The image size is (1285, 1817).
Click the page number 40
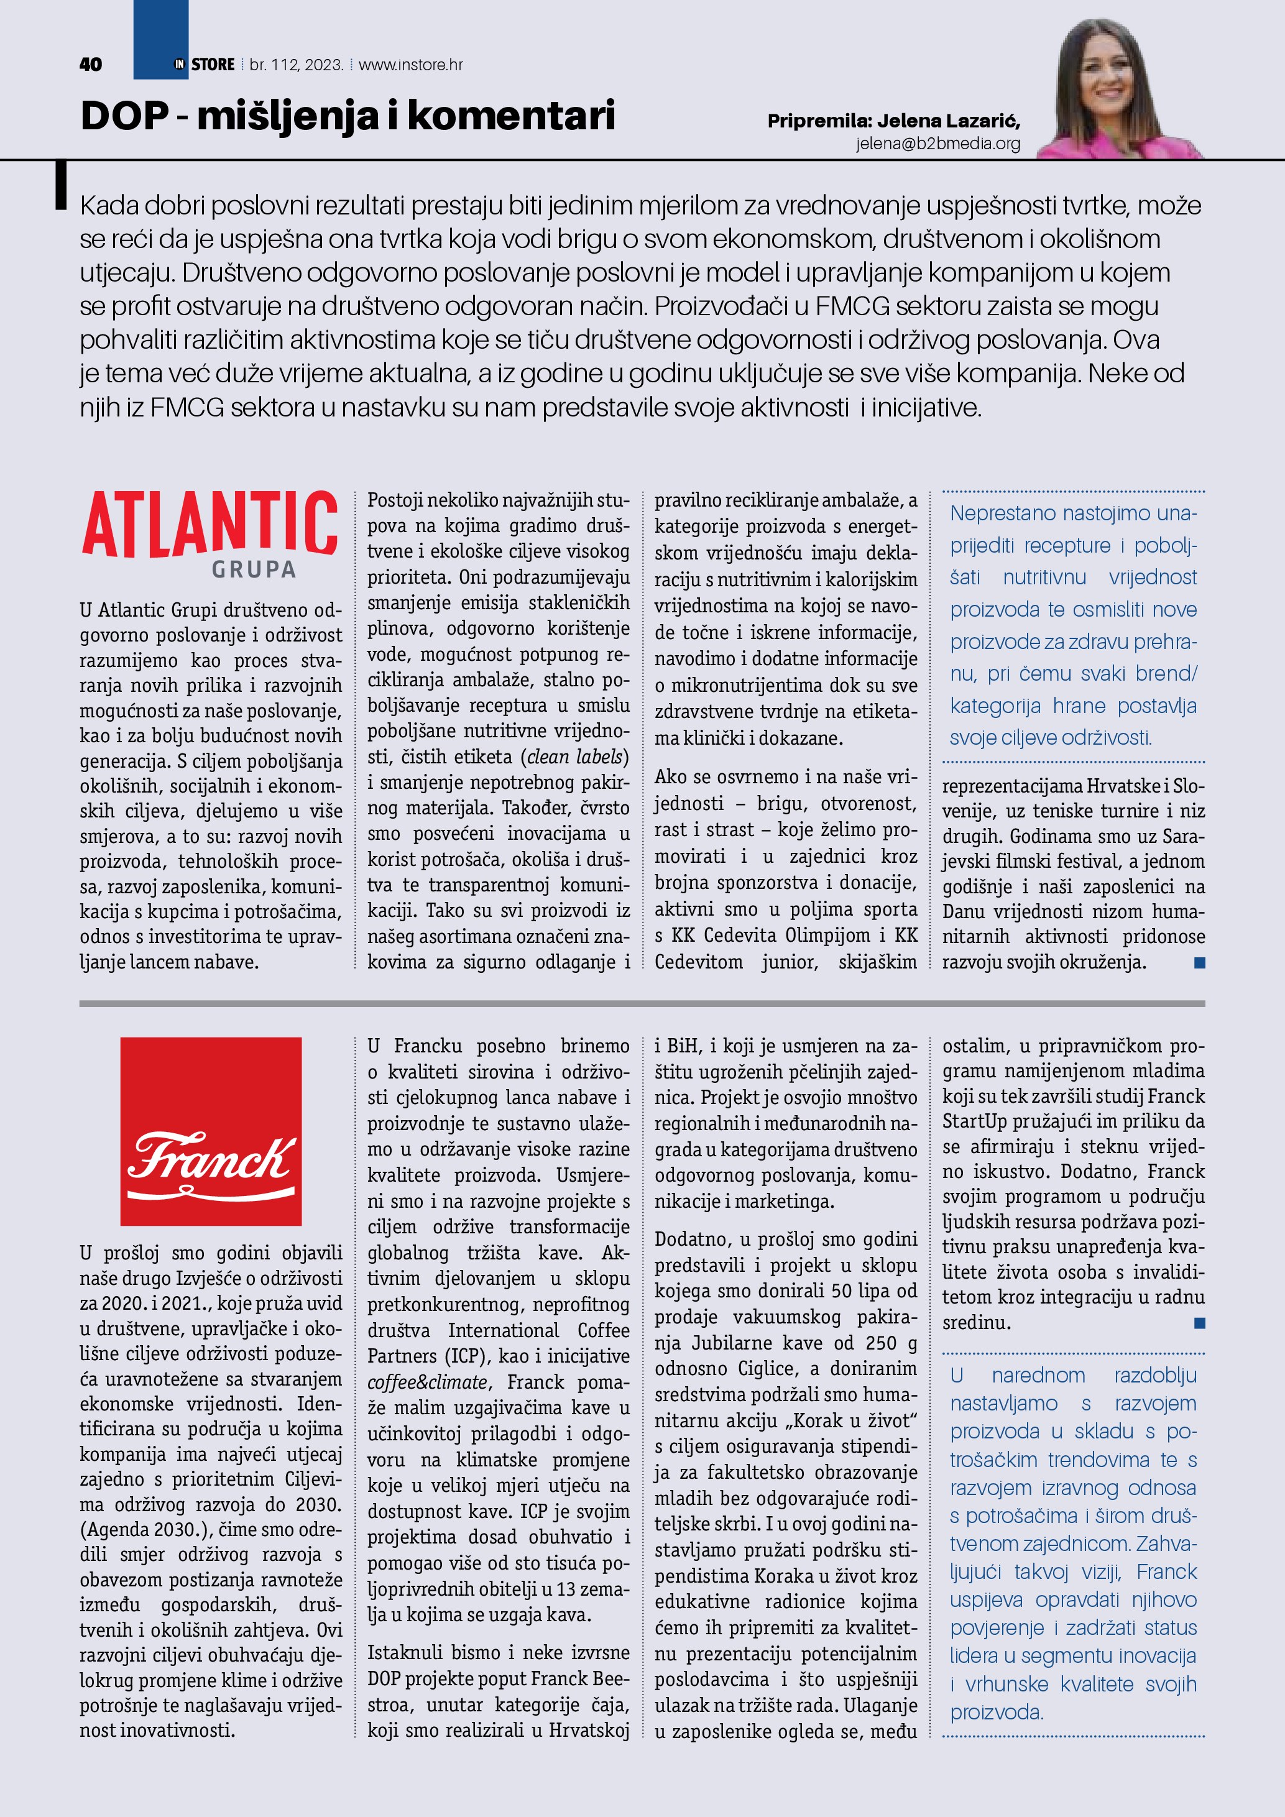[x=90, y=65]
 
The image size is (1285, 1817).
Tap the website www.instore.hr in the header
[x=411, y=65]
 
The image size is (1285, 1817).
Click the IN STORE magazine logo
[x=204, y=65]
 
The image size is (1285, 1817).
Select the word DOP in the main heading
[x=124, y=116]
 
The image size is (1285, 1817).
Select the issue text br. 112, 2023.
[x=296, y=65]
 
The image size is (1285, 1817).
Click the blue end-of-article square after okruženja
[x=1200, y=963]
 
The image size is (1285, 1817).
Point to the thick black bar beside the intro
[x=60, y=186]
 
